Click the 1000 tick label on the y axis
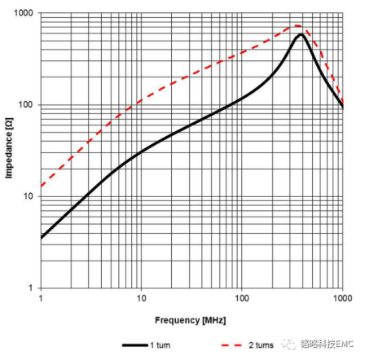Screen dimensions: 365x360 (23, 13)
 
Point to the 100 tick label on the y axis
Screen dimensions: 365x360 (25, 104)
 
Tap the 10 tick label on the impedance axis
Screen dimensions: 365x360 (28, 196)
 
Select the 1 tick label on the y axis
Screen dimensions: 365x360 (30, 288)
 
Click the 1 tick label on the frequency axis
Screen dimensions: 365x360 (41, 298)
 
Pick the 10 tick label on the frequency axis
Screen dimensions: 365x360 (141, 298)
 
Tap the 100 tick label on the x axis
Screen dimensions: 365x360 (241, 298)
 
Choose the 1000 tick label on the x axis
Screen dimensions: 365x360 (343, 298)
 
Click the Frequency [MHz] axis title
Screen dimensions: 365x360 (190, 320)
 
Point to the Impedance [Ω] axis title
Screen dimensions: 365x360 (9, 148)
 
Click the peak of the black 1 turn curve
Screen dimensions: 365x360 (301, 34)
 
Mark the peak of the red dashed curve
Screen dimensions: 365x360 (297, 26)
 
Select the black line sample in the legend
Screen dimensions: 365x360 (135, 345)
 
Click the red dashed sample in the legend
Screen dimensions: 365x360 (231, 345)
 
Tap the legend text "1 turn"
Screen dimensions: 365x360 (161, 345)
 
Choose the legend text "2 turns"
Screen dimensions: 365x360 (261, 345)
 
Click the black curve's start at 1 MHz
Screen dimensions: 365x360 (41, 239)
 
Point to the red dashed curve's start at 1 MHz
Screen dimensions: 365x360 (41, 187)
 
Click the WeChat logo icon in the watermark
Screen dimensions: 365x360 (289, 345)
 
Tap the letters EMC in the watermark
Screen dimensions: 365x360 (345, 344)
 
